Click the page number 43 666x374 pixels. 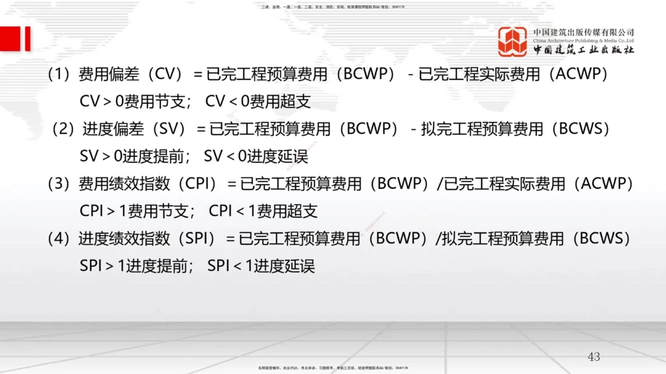pyautogui.click(x=593, y=357)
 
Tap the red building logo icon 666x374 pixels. pyautogui.click(x=513, y=41)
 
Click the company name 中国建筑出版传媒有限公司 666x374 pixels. pyautogui.click(x=583, y=32)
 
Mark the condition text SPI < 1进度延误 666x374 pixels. pyautogui.click(x=260, y=266)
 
